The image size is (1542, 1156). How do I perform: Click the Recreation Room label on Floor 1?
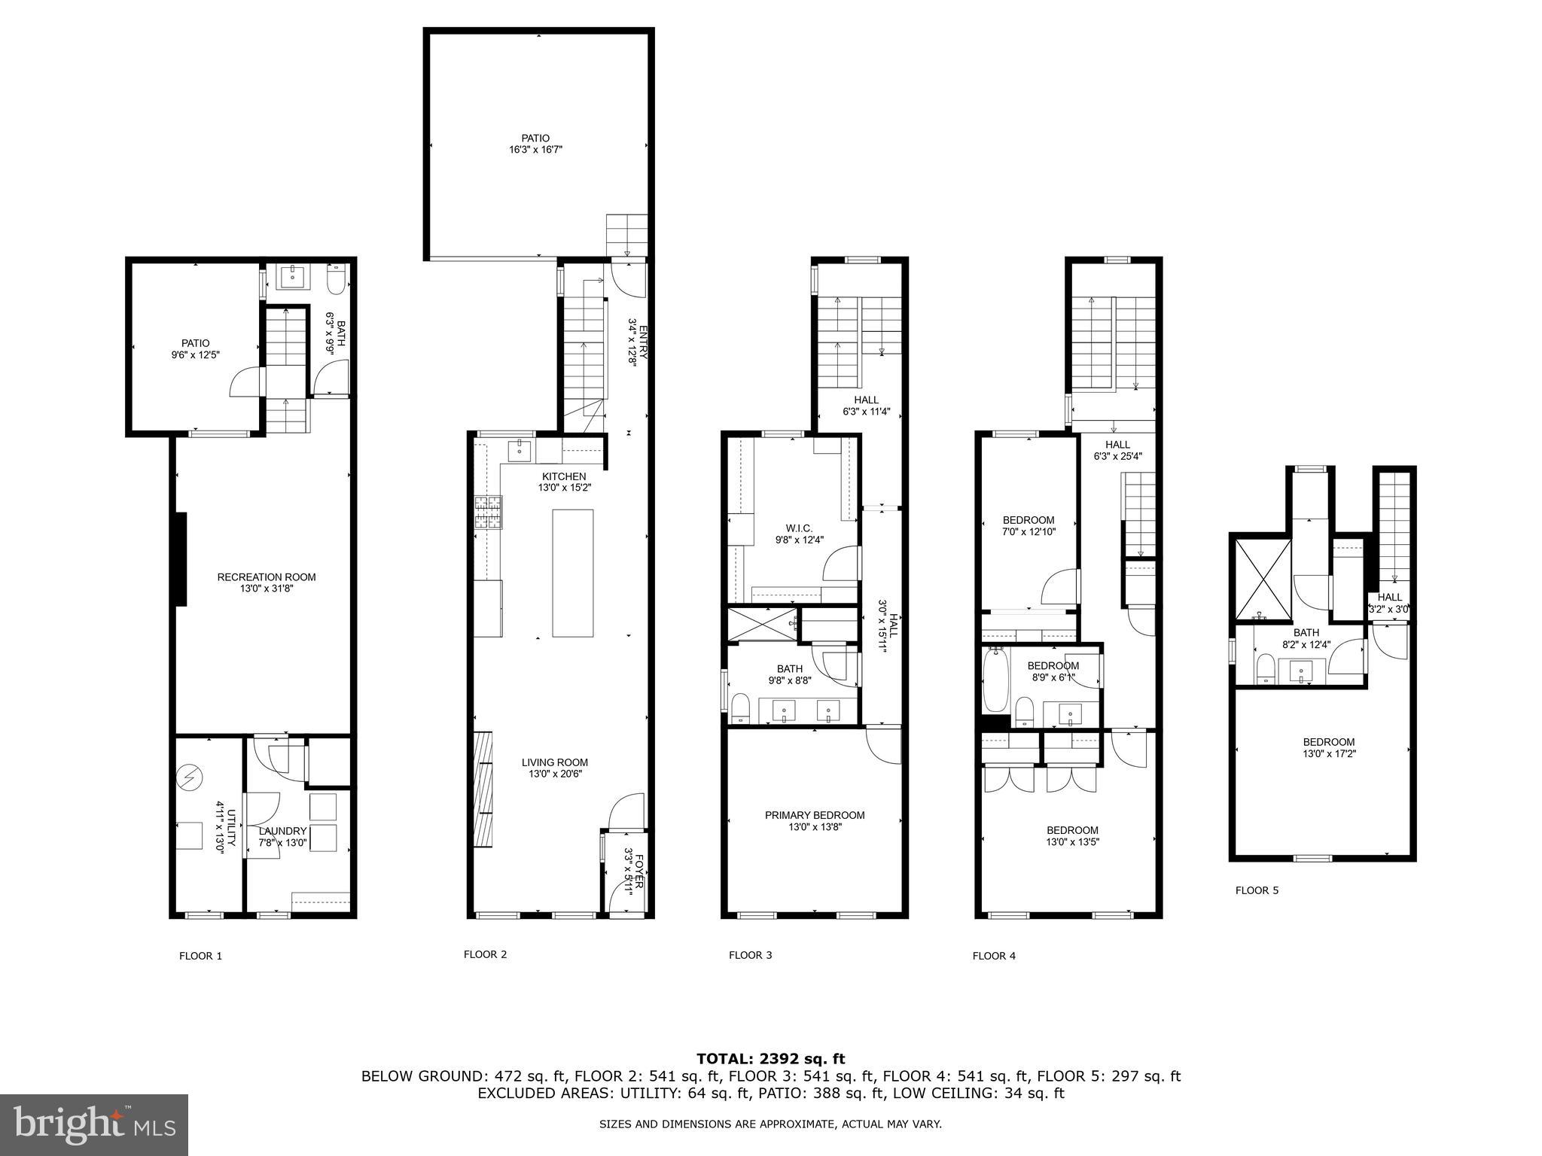pos(267,577)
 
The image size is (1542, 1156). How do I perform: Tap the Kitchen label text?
pos(564,476)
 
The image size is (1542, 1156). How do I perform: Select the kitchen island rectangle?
pos(572,573)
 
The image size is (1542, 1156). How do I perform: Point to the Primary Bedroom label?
pos(815,815)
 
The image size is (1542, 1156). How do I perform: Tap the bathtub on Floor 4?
pos(996,680)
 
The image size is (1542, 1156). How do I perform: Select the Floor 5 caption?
pos(1257,890)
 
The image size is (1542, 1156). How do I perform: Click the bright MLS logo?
pos(94,1125)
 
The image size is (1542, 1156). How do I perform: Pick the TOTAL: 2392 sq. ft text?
pos(770,1059)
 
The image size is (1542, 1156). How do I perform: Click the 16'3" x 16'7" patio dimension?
pos(535,150)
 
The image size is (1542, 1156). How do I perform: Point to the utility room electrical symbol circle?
pos(190,777)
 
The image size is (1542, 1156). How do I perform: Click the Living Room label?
pos(555,762)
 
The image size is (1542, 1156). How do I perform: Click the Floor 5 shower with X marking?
pos(1262,580)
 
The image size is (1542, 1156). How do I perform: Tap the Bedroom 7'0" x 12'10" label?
pos(1029,520)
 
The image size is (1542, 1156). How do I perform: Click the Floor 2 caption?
pos(485,954)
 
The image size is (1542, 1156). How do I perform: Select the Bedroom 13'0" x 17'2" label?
pos(1329,741)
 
